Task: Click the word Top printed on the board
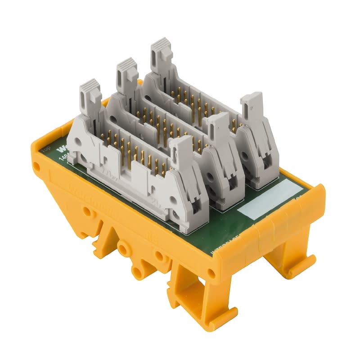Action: [45, 150]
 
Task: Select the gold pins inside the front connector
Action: [135, 155]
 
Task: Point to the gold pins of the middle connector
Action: [166, 126]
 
